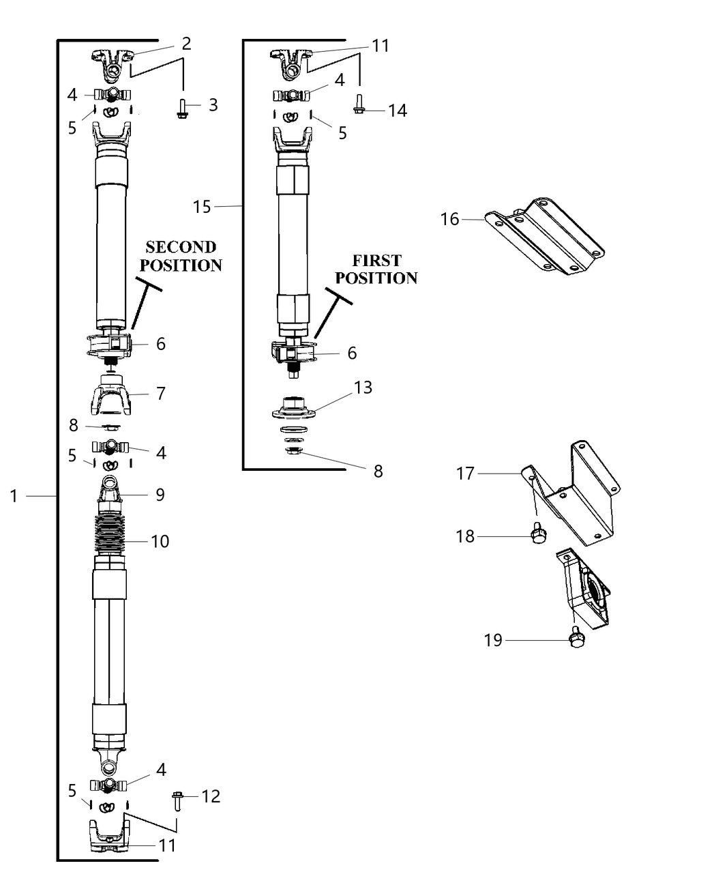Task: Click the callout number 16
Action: click(x=449, y=220)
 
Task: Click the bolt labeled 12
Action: click(x=177, y=800)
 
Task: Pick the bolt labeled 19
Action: click(x=576, y=638)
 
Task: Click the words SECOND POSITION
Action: click(x=181, y=256)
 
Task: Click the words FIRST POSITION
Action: click(x=376, y=269)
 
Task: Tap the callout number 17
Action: click(x=465, y=473)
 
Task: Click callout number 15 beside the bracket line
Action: click(x=202, y=206)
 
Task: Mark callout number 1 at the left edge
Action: click(x=13, y=496)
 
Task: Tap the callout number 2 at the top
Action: click(x=186, y=44)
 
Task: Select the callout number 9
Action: click(x=160, y=494)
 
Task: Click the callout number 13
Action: click(x=363, y=388)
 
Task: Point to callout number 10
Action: click(x=160, y=541)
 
